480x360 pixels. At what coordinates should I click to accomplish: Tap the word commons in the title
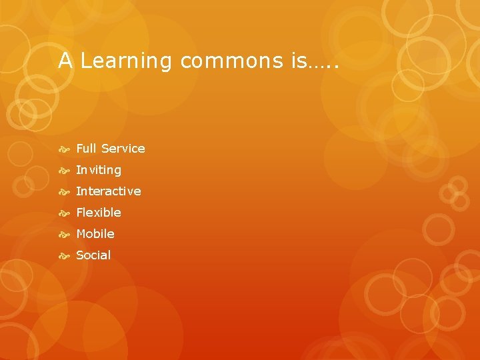(x=232, y=61)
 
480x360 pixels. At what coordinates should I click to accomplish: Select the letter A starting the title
(x=65, y=61)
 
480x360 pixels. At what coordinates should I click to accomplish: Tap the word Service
(x=123, y=149)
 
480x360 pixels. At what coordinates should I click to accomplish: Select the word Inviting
(x=99, y=170)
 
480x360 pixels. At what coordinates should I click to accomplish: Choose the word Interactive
(x=109, y=191)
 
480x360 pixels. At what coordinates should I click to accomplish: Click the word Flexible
(x=99, y=213)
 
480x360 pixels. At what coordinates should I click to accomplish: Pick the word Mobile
(x=95, y=234)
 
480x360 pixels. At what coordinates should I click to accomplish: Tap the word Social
(x=93, y=255)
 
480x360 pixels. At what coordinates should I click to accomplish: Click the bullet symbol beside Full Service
(x=65, y=149)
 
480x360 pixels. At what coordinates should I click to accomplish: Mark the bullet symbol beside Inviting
(x=65, y=171)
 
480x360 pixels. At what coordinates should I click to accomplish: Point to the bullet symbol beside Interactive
(x=65, y=192)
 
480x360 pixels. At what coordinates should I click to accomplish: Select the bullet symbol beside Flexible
(x=65, y=213)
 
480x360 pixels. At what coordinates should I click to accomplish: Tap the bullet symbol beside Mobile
(x=65, y=235)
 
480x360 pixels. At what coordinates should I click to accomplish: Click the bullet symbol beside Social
(x=65, y=256)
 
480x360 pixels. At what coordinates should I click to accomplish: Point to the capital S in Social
(x=80, y=255)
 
